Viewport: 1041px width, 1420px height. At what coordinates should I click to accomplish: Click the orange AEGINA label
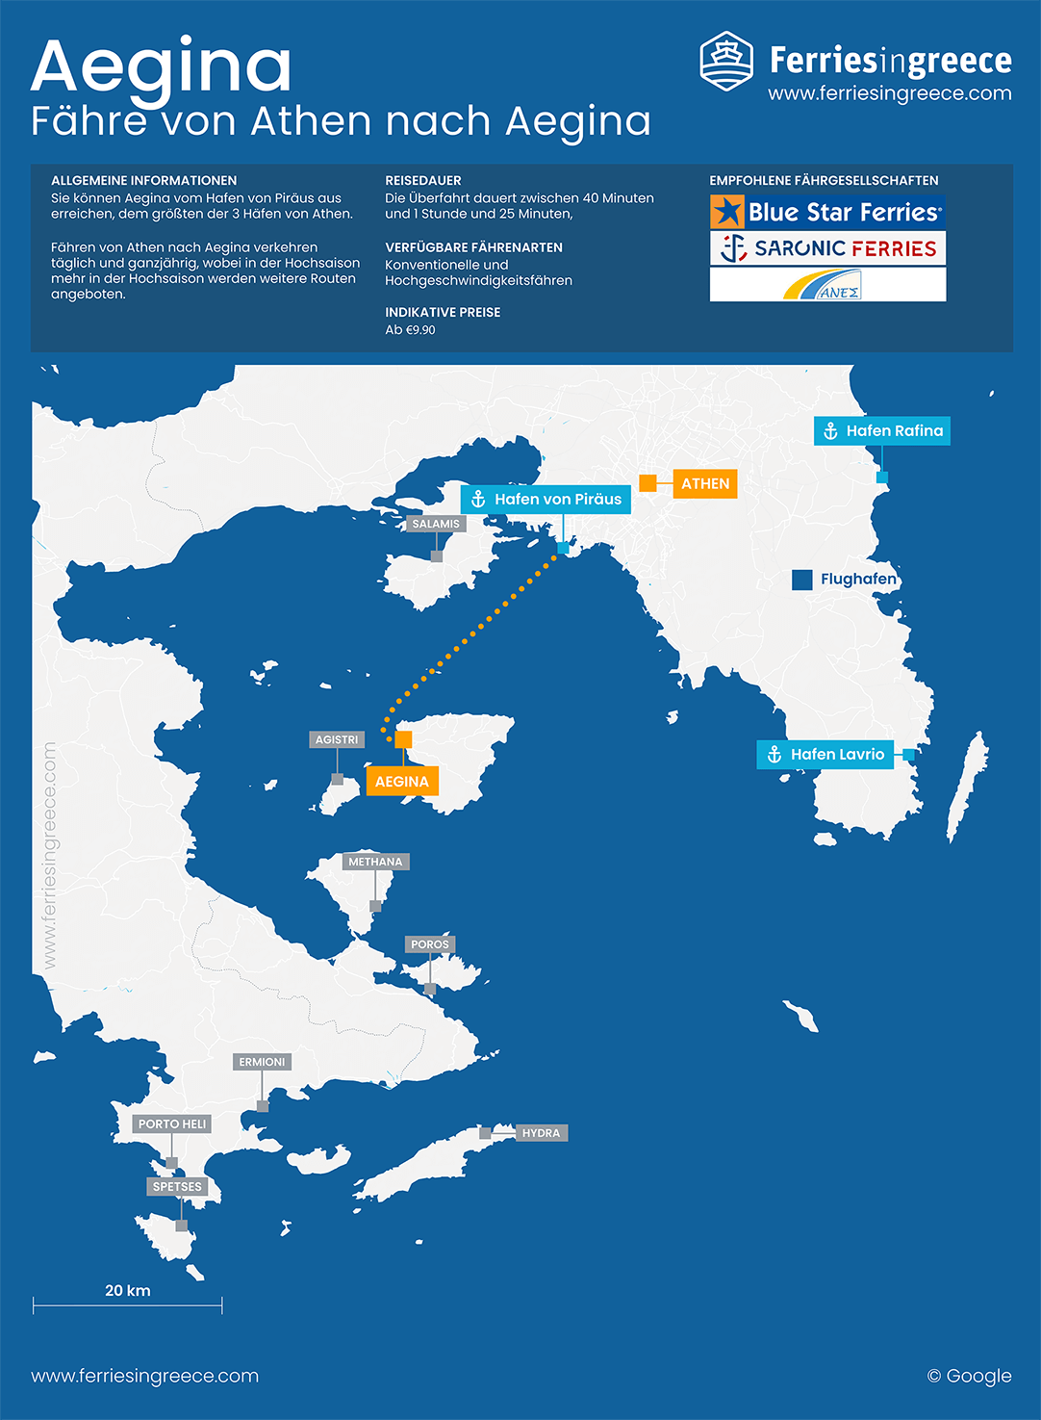[402, 781]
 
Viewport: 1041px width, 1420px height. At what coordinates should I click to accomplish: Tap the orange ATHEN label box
[705, 483]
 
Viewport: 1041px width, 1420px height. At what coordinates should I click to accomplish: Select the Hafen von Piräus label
[546, 499]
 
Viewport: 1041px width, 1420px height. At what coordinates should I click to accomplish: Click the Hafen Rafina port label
[882, 430]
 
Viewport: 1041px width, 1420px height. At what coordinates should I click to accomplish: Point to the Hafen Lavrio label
[825, 754]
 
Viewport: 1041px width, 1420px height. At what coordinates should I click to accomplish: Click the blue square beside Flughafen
[801, 580]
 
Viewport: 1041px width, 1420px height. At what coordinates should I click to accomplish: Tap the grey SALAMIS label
[436, 524]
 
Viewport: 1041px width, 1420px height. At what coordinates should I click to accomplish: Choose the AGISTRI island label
[337, 739]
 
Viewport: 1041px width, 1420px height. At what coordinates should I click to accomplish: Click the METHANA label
[375, 862]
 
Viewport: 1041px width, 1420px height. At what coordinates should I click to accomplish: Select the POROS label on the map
[430, 944]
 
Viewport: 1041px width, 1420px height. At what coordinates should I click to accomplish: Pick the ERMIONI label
[262, 1062]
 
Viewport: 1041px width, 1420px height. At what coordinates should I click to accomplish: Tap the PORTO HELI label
[172, 1123]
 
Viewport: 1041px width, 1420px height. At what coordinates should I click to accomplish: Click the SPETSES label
[177, 1186]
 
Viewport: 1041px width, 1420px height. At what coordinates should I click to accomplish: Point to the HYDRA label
[541, 1133]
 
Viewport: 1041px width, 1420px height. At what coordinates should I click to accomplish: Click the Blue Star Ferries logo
[827, 212]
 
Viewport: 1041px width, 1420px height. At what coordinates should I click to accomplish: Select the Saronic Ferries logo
[827, 248]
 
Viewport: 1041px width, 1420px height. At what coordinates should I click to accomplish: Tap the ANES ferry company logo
[827, 285]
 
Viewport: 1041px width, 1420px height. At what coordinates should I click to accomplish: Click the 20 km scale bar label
[128, 1291]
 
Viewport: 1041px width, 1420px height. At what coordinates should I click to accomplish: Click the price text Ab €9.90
[410, 330]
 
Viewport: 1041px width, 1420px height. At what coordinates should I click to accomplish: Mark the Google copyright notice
[969, 1376]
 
